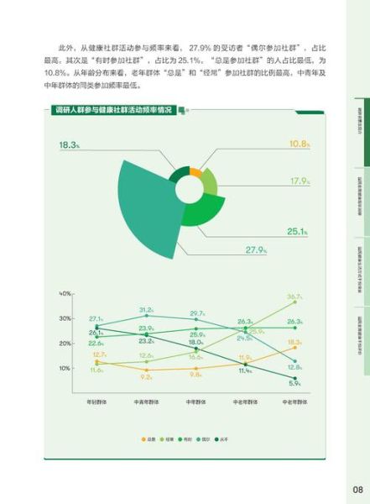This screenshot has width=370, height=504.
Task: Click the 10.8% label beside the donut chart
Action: (x=300, y=144)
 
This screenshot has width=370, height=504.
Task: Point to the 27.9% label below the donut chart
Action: (x=256, y=250)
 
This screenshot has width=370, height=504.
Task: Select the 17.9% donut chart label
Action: (x=300, y=181)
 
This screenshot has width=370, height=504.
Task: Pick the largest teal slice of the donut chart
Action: (x=151, y=202)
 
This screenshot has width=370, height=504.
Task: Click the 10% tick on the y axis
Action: (x=65, y=368)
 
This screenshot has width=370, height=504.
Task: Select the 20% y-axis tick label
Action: (x=65, y=344)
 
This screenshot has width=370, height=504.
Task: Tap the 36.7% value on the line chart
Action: (x=294, y=297)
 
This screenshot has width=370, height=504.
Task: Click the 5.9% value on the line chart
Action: (x=294, y=384)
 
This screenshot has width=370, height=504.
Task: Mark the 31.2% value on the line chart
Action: (x=146, y=310)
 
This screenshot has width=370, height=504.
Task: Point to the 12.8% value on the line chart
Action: (x=294, y=367)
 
